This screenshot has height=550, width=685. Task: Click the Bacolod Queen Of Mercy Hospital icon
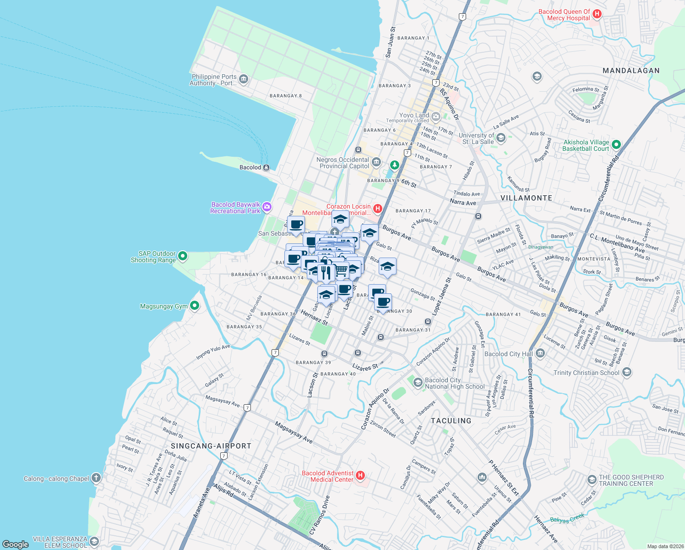(597, 14)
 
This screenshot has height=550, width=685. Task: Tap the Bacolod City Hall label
(508, 354)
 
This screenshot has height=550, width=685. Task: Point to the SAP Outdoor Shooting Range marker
(183, 256)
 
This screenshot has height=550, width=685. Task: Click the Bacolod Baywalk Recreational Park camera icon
(266, 208)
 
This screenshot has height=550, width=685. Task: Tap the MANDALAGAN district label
(631, 71)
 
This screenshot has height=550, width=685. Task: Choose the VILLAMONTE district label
(526, 198)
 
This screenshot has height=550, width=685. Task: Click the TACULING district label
(451, 421)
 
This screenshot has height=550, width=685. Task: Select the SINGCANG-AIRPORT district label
(211, 446)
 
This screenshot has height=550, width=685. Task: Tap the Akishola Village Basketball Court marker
(616, 145)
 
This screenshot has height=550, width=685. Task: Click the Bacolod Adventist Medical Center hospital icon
(360, 476)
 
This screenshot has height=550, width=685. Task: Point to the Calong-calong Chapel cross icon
(96, 478)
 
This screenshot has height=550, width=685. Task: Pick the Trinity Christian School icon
(627, 372)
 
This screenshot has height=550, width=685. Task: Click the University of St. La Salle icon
(500, 138)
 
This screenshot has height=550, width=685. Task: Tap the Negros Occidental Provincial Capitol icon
(376, 162)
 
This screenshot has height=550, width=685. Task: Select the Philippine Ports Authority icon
(244, 79)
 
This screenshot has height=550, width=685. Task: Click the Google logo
(16, 544)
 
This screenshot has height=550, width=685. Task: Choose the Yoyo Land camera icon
(435, 116)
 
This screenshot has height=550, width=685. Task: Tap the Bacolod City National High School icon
(418, 383)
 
